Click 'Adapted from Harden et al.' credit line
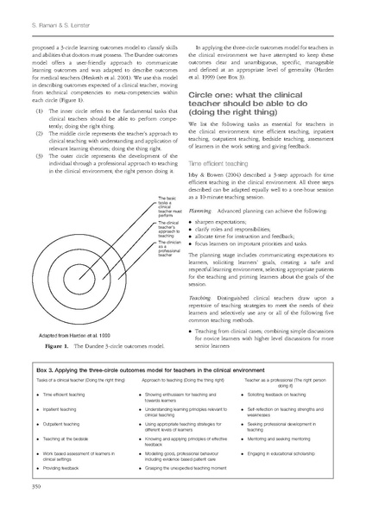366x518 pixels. [60, 333]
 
